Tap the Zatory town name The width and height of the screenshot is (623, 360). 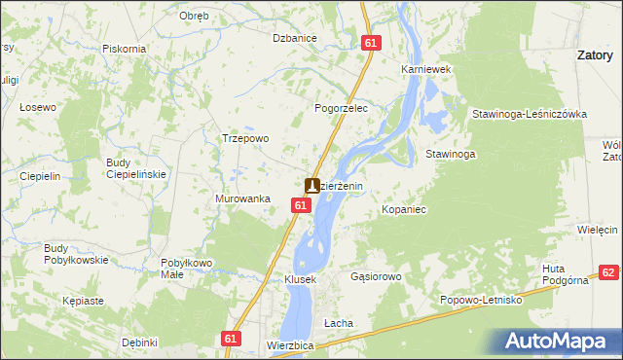[x=594, y=56]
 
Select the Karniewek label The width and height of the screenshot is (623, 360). [x=423, y=70]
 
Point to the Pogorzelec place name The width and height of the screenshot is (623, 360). [x=340, y=109]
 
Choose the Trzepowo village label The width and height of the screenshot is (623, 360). [x=245, y=138]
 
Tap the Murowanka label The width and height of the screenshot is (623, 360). [x=242, y=198]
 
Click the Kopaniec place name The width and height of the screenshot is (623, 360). [x=405, y=209]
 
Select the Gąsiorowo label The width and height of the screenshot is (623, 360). [x=376, y=276]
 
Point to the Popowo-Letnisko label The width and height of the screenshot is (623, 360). [x=481, y=301]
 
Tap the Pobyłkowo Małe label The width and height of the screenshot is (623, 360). [x=186, y=269]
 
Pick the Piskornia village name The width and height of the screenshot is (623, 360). [x=124, y=49]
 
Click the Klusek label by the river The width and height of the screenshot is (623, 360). [x=300, y=279]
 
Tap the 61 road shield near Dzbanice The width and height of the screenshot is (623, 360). [x=370, y=43]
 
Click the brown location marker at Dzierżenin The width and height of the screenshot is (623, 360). [x=312, y=185]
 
